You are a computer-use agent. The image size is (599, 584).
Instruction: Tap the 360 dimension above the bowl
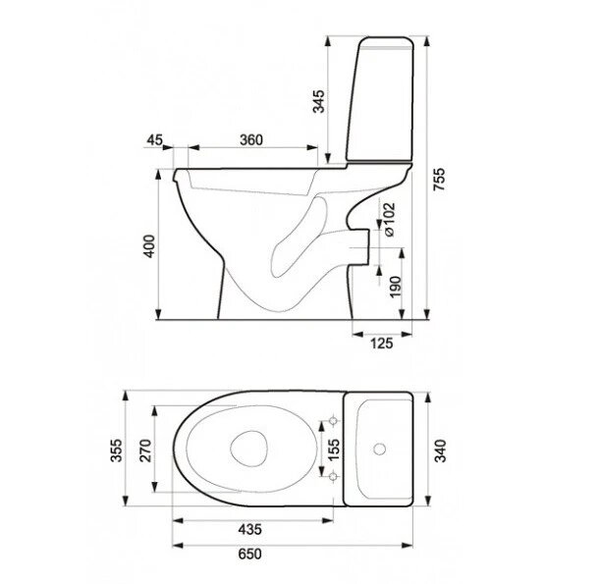coord(249,140)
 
